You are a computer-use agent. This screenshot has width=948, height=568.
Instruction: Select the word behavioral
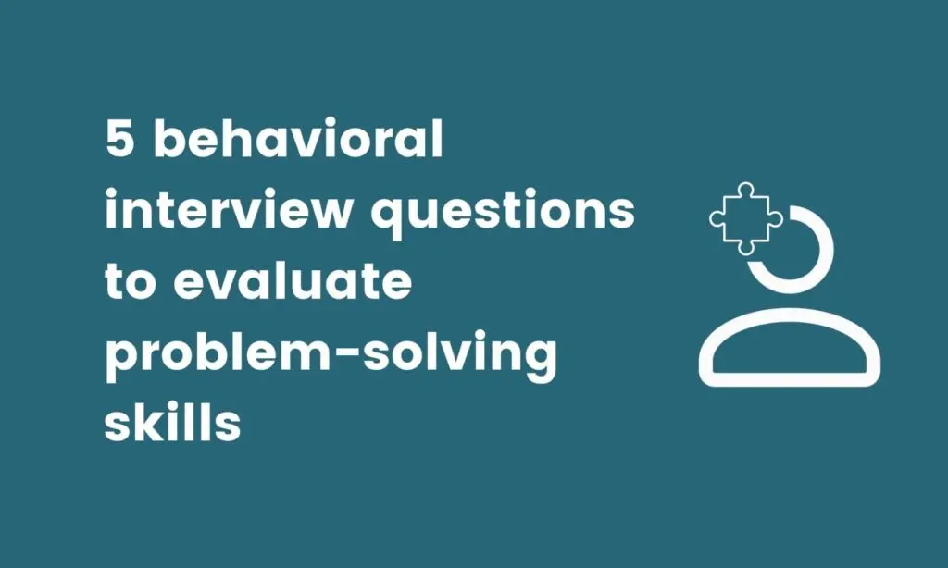click(x=298, y=142)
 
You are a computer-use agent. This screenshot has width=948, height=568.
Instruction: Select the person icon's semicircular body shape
click(x=789, y=349)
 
